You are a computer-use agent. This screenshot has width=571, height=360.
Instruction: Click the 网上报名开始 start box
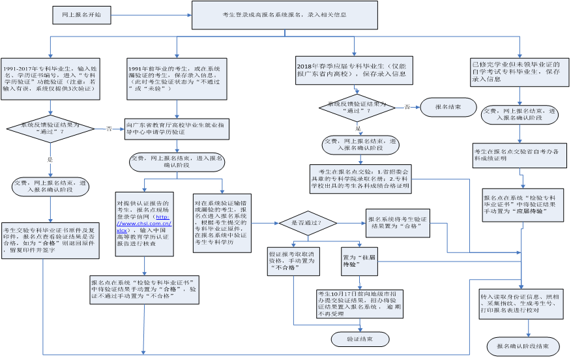coord(81,14)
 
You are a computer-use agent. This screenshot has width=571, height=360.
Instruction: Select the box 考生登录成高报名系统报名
coord(284,14)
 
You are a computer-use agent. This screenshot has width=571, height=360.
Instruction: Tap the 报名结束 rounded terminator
coord(448,107)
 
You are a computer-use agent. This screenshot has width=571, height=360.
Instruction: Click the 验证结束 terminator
coord(360,339)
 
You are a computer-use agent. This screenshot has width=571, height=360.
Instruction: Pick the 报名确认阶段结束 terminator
coord(523,346)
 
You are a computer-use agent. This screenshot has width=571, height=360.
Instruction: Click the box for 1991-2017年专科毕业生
coord(50,78)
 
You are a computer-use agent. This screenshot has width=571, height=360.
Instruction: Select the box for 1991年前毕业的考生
coord(177,78)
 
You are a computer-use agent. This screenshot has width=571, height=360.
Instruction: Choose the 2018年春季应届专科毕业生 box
coord(354,70)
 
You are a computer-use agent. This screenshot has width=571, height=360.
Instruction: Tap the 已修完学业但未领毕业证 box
coord(518,71)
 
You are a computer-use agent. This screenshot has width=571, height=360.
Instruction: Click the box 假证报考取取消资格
coord(293,261)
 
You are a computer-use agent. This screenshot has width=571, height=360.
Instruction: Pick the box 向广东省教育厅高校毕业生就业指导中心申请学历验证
coord(177,128)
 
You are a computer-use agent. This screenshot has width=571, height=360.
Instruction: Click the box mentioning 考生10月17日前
coord(359,303)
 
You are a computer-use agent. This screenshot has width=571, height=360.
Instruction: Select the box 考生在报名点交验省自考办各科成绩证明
coord(520,155)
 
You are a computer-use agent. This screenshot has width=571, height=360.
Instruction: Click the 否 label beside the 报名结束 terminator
coord(407,106)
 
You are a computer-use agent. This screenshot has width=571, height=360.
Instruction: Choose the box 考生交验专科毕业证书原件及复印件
coord(50,240)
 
